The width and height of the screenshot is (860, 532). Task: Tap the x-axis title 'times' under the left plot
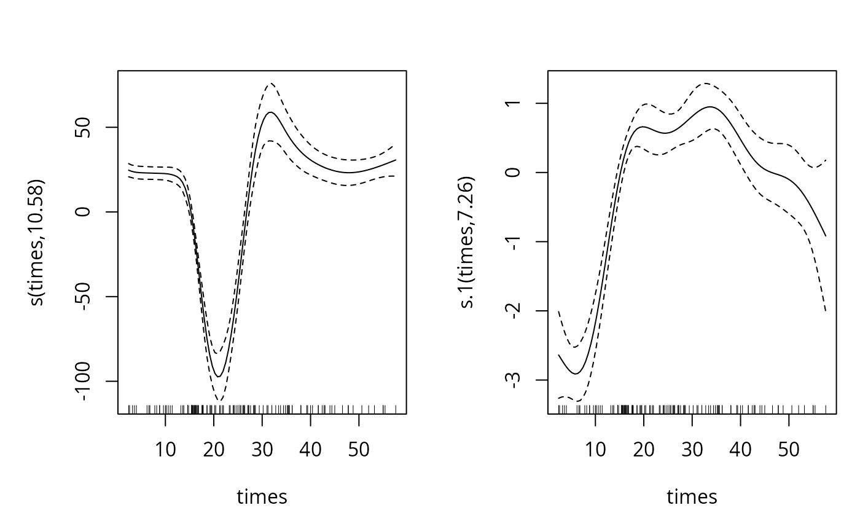(262, 496)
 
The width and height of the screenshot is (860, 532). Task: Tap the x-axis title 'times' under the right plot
(692, 496)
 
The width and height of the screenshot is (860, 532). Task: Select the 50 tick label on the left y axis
(90, 128)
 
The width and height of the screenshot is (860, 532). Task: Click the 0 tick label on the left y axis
(90, 212)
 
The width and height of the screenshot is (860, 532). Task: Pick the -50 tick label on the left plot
(90, 297)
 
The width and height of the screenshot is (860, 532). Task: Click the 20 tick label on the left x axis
(214, 450)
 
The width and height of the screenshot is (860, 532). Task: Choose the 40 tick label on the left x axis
(310, 450)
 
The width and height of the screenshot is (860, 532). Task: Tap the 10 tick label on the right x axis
(595, 450)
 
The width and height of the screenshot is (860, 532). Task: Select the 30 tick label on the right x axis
(692, 450)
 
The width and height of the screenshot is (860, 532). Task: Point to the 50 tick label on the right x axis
(789, 450)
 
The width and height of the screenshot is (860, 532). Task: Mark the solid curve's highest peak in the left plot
(270, 112)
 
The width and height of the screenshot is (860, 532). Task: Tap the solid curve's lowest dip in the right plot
(576, 374)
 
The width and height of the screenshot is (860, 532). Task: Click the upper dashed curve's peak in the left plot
(270, 83)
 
